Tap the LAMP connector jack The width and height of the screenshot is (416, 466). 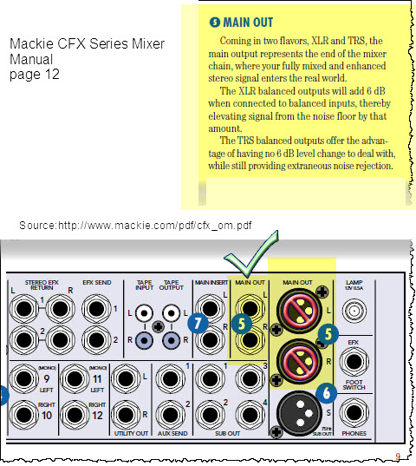pyautogui.click(x=354, y=309)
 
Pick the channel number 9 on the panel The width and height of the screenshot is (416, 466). pyautogui.click(x=46, y=379)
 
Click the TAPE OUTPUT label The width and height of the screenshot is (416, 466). pyautogui.click(x=170, y=284)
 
